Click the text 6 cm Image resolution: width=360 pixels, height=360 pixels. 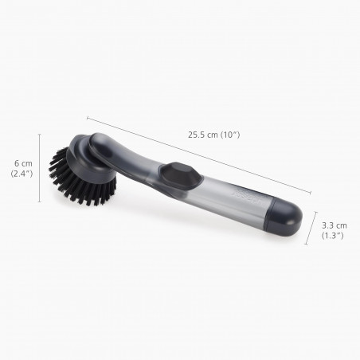tap(22, 163)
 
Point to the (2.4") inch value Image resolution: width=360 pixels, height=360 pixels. tap(22, 175)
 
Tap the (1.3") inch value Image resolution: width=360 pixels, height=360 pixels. tap(332, 237)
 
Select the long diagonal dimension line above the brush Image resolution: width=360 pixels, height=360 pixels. tap(199, 153)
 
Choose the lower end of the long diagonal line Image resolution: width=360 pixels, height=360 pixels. tap(311, 190)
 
